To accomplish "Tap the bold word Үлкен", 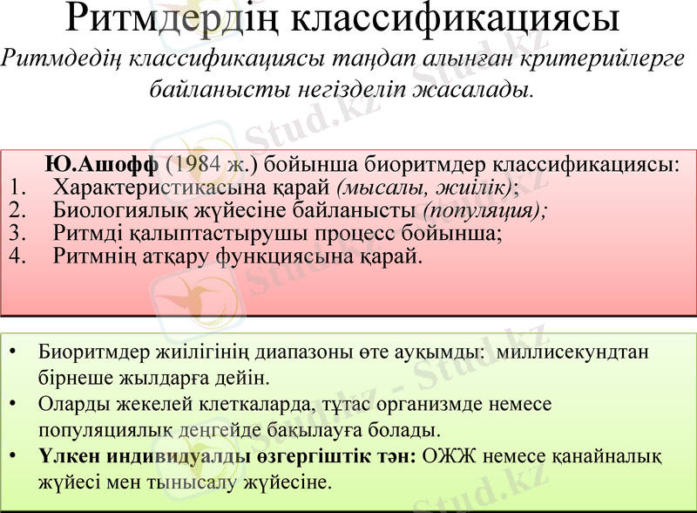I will click(x=66, y=455).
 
